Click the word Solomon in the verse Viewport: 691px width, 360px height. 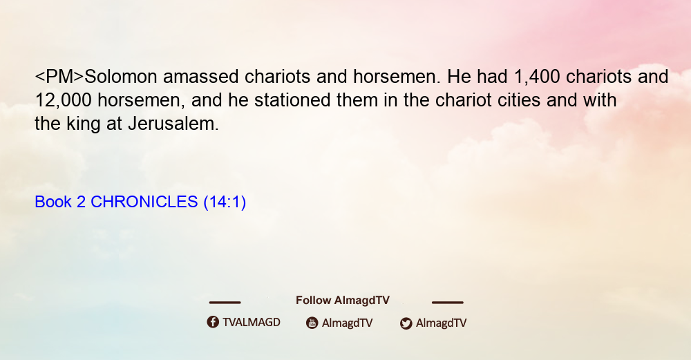tap(121, 77)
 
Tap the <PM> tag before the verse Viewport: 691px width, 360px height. tap(59, 77)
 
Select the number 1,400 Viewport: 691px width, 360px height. tap(537, 77)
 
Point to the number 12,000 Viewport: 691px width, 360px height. tap(63, 100)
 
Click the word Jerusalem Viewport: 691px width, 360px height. tap(173, 124)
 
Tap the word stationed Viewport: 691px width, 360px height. tap(292, 100)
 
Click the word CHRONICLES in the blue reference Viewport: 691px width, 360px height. tap(144, 202)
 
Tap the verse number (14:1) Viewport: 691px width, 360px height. tap(225, 202)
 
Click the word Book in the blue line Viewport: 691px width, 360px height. tap(53, 202)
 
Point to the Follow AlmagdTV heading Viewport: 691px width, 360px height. tap(343, 300)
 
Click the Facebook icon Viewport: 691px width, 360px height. tap(213, 322)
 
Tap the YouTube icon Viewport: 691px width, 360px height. tap(312, 323)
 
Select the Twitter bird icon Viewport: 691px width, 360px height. tap(406, 323)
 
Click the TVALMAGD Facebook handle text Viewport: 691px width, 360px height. tap(252, 322)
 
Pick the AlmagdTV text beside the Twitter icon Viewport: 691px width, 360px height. tap(441, 323)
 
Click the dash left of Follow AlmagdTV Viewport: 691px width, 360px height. tap(225, 302)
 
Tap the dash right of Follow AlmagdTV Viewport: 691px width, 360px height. tap(448, 302)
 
